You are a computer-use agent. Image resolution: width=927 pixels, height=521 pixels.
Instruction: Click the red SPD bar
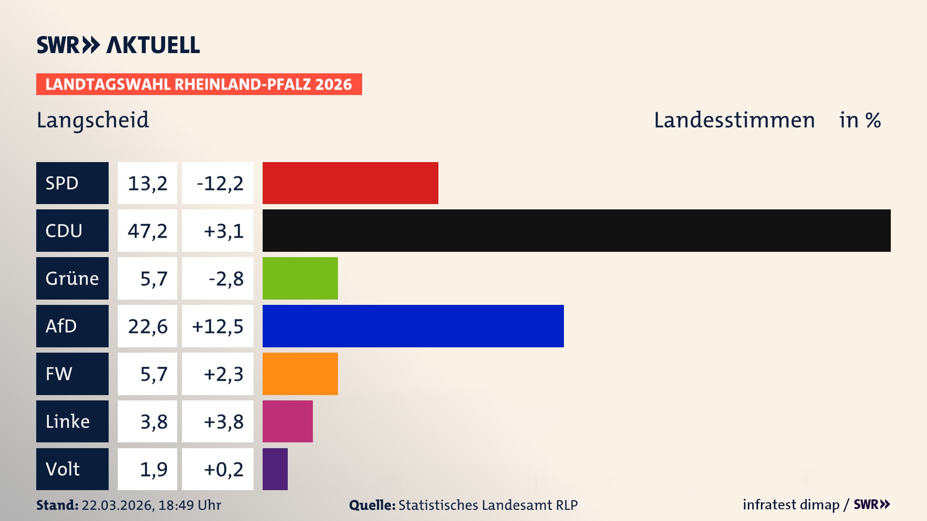[x=350, y=183]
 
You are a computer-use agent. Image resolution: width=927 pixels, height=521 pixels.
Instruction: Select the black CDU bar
[x=576, y=231]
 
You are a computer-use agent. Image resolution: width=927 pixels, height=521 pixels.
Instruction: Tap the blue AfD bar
[x=413, y=326]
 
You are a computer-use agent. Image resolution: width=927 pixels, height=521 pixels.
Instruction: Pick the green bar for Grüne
[x=300, y=278]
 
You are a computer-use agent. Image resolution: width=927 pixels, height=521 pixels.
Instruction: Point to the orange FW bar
[x=300, y=374]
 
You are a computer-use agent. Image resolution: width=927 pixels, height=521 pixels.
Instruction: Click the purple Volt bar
[x=275, y=469]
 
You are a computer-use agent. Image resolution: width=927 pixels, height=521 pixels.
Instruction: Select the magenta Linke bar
[x=287, y=421]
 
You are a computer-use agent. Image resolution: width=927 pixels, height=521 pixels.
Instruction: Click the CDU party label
[x=72, y=231]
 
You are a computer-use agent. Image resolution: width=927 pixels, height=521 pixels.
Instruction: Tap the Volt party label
[x=72, y=469]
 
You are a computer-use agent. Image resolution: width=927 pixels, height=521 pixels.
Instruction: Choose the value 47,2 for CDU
[x=147, y=231]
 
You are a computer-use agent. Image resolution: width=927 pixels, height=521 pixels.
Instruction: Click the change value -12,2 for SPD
[x=218, y=183]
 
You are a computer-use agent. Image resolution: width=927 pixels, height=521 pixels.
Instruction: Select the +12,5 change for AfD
[x=218, y=326]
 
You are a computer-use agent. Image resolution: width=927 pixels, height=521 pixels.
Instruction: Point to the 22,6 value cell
[x=147, y=326]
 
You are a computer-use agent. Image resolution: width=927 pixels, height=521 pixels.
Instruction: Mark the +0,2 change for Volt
[x=218, y=469]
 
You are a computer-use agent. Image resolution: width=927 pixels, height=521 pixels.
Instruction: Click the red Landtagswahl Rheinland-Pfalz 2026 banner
[x=198, y=84]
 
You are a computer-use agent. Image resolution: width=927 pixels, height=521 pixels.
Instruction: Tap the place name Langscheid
[x=93, y=120]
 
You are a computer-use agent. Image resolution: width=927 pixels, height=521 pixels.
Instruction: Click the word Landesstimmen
[x=734, y=120]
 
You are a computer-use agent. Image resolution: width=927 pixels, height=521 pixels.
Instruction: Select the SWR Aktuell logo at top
[x=118, y=45]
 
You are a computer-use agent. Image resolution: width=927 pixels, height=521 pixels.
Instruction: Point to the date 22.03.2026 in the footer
[x=117, y=505]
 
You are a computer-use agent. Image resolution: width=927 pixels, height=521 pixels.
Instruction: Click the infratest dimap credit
[x=790, y=505]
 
